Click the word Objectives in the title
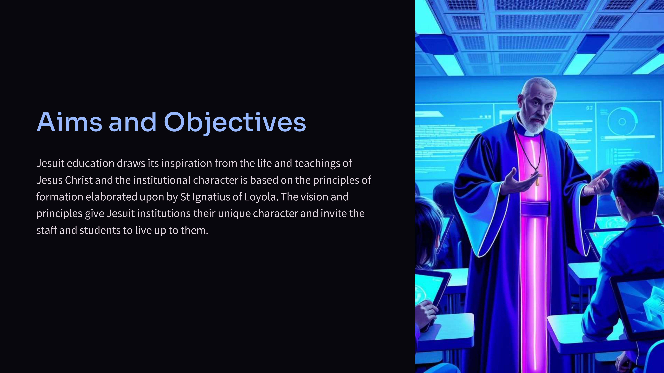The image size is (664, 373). [235, 123]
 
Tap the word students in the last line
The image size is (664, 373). [100, 230]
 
